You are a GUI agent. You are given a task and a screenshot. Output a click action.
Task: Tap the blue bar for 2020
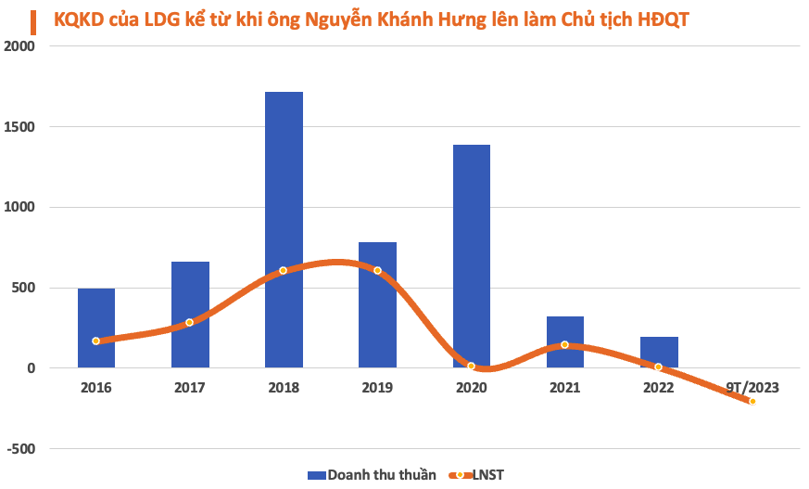pos(471,256)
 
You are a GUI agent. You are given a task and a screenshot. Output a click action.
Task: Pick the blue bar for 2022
pos(658,352)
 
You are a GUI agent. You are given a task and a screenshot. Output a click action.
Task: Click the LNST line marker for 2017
pos(190,322)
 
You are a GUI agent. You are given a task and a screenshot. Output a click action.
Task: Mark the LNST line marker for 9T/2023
pos(752,402)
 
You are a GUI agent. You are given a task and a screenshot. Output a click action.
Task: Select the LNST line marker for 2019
pos(377,270)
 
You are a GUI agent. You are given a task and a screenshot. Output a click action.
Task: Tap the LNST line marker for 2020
pos(471,367)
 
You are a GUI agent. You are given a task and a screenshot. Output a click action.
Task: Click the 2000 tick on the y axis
pos(21,46)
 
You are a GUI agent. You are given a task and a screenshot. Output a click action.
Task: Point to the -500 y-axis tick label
pos(21,449)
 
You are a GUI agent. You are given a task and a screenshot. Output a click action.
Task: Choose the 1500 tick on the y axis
pos(21,127)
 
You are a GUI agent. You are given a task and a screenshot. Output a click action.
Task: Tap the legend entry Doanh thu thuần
pos(372,474)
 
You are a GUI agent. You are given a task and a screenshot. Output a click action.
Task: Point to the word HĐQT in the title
pos(663,19)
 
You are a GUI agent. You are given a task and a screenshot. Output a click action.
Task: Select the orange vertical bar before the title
pos(34,19)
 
